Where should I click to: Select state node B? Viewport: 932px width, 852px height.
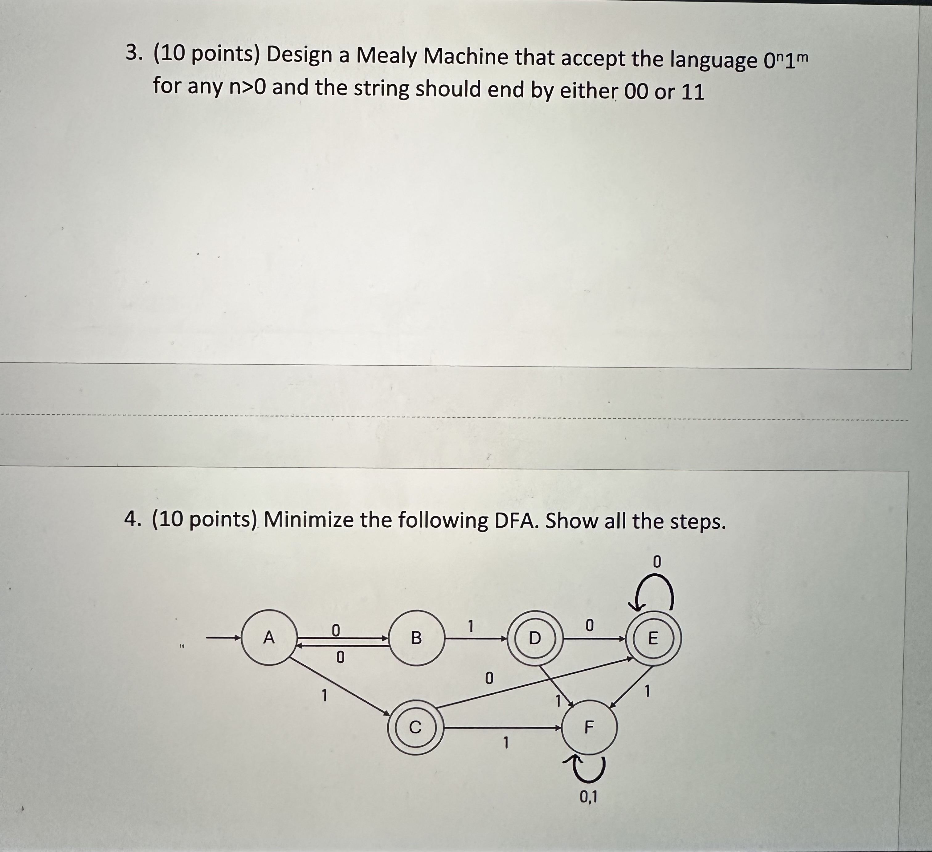(x=416, y=638)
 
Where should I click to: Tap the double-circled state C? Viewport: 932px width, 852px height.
(x=415, y=727)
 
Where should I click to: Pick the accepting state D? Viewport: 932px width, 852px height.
(x=534, y=638)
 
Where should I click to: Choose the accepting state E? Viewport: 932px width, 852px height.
(x=653, y=638)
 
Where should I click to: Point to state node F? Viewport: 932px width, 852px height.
(x=589, y=727)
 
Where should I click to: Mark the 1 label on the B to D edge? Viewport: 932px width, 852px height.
(x=470, y=626)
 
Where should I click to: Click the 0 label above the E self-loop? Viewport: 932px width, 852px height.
(x=656, y=562)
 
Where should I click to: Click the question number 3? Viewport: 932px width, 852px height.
(x=132, y=54)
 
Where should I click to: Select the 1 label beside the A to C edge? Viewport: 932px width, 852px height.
(x=325, y=695)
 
